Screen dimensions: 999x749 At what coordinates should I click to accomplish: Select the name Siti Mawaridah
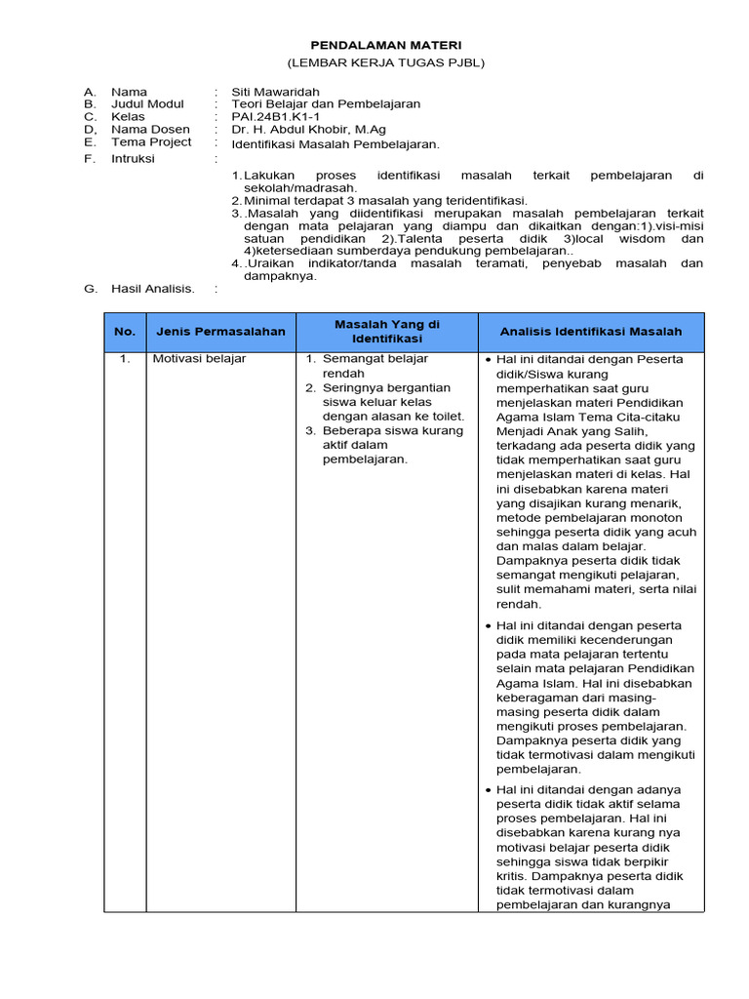click(275, 92)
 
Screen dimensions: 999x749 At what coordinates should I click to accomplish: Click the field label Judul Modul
click(147, 104)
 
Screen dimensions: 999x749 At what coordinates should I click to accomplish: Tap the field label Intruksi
click(134, 158)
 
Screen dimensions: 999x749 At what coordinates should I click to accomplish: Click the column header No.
click(125, 332)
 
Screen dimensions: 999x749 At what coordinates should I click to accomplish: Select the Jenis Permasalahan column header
click(220, 332)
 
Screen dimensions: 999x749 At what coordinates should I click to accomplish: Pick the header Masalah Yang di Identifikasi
click(386, 331)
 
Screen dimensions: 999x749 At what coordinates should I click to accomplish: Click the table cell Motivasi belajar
click(199, 359)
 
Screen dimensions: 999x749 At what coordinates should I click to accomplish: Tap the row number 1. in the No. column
click(125, 359)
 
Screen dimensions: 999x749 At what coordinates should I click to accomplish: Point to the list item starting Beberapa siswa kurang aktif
click(385, 444)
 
